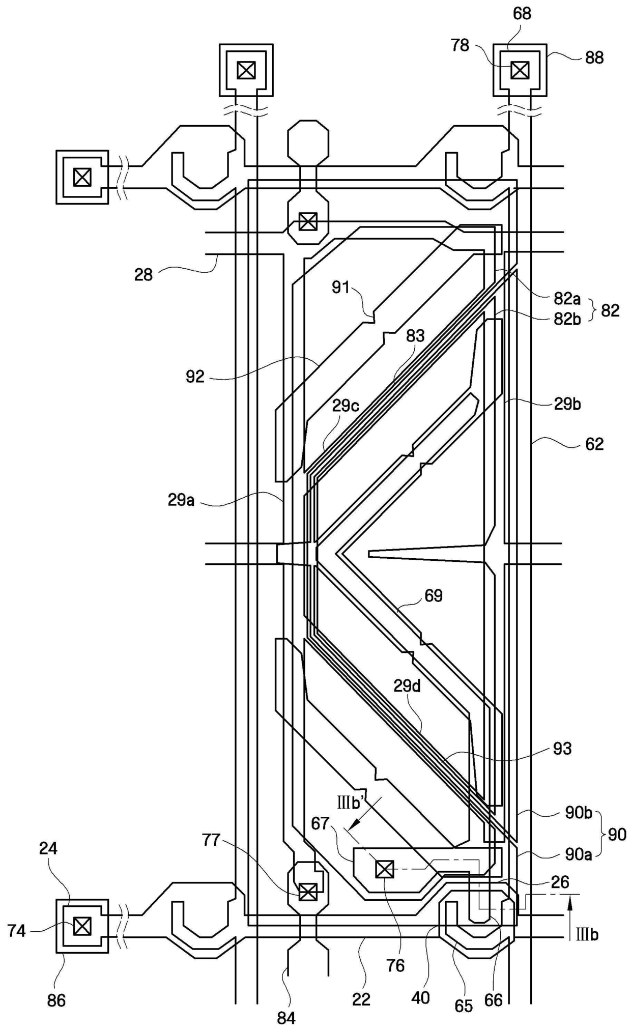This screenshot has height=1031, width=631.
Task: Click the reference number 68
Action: [522, 14]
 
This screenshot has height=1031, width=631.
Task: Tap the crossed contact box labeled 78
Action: [520, 70]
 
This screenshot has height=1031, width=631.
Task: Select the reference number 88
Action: [594, 58]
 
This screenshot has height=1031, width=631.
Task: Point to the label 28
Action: [144, 275]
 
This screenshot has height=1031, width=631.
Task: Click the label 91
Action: [341, 288]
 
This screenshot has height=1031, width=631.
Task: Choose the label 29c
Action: [346, 406]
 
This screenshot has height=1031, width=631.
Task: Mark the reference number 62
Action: [594, 444]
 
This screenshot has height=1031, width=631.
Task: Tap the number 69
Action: [434, 595]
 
